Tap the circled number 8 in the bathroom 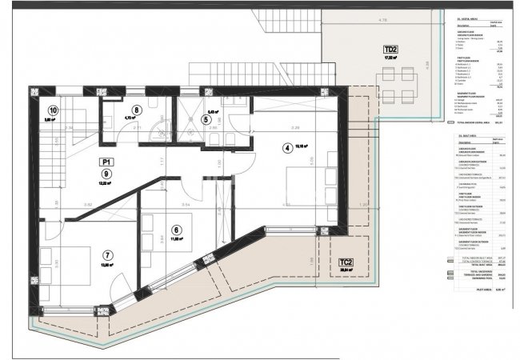[137, 110]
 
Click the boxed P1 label [106, 183]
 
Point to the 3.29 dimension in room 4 [273, 127]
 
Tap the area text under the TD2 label [391, 57]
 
